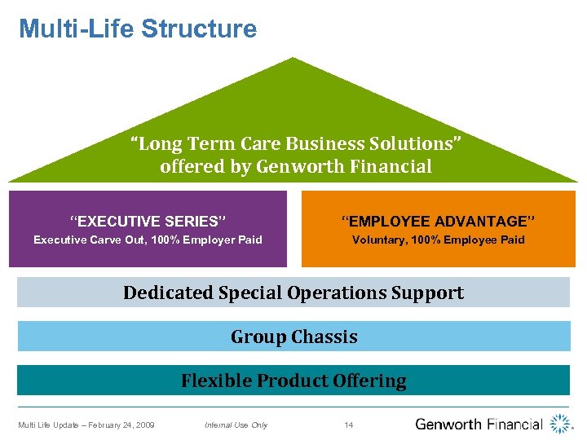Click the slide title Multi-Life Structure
(137, 29)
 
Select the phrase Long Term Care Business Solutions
(296, 144)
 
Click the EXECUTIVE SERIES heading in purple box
(148, 221)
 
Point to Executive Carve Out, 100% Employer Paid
(148, 240)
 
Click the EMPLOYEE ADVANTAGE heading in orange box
(438, 221)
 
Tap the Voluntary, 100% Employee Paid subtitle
(438, 240)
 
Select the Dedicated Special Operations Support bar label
(293, 293)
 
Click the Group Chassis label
(293, 337)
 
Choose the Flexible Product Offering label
(293, 381)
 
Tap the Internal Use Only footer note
(236, 425)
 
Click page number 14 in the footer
(349, 425)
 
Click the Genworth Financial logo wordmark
(479, 424)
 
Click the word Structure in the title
(199, 29)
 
